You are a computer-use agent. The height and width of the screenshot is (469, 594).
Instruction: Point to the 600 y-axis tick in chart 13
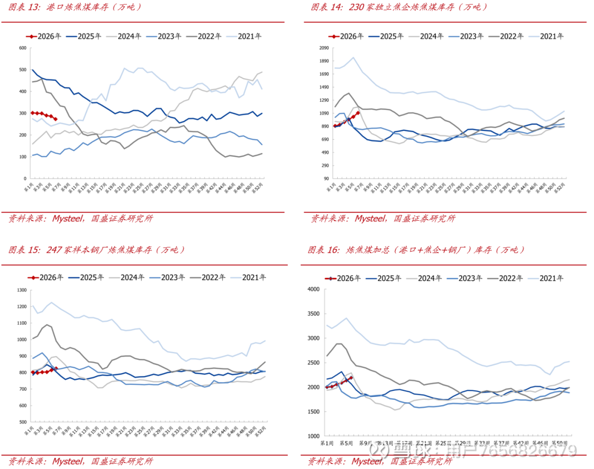(x=23, y=48)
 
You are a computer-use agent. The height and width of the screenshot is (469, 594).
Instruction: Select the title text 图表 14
(x=326, y=7)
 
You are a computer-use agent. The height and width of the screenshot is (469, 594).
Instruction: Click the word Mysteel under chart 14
(x=369, y=219)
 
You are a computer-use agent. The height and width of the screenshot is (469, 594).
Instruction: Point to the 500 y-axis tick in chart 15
(x=23, y=422)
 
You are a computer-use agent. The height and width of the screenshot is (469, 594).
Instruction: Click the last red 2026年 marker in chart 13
(x=56, y=119)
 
